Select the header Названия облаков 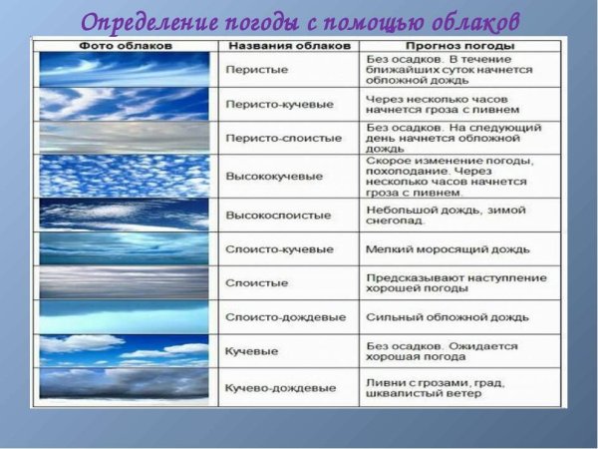click(287, 46)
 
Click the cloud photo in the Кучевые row click(125, 350)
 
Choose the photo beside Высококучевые click(125, 176)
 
